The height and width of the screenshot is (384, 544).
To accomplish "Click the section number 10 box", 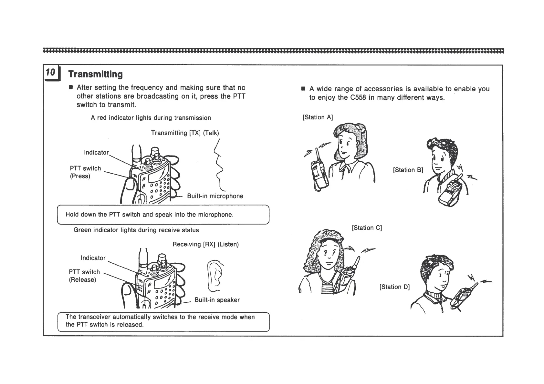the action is click(51, 72).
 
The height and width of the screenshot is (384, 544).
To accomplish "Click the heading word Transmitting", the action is click(95, 74).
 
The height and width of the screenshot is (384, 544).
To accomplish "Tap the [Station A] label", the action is click(318, 117).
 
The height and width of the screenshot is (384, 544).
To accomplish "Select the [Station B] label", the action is click(408, 170).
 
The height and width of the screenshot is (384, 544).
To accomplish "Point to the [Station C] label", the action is click(367, 228).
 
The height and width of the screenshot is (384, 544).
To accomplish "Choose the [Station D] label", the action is click(394, 287).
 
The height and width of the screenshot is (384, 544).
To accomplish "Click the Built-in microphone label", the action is click(215, 196).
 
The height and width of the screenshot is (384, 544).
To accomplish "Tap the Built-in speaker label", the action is click(217, 300).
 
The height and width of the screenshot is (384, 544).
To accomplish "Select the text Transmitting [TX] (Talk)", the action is click(185, 133).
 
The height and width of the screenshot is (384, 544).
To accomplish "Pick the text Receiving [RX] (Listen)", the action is click(205, 244).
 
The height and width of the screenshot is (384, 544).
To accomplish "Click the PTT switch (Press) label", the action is click(85, 172).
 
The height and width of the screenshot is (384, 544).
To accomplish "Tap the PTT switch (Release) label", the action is click(84, 276).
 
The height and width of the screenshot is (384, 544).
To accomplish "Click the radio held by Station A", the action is click(319, 173).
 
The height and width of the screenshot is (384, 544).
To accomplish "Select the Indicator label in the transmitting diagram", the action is click(96, 152).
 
